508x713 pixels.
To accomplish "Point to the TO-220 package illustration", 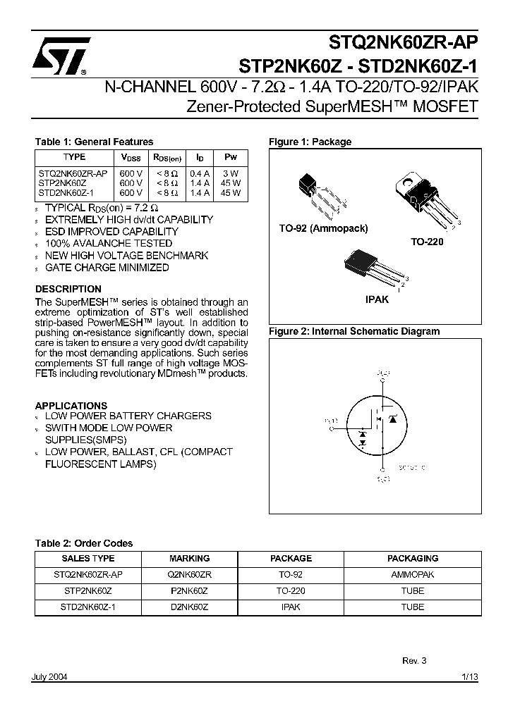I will tap(427, 197).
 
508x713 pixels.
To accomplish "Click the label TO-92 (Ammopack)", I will tap(323, 228).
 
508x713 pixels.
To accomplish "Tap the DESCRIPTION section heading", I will tap(68, 289).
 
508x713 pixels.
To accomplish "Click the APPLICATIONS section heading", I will tap(71, 406).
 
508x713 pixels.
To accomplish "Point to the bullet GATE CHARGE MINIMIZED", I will tap(107, 268).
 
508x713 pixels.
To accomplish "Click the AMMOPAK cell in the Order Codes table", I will tap(412, 574).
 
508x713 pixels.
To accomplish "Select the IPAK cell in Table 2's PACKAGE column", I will tap(291, 607).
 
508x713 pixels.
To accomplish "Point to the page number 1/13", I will tap(469, 676).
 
